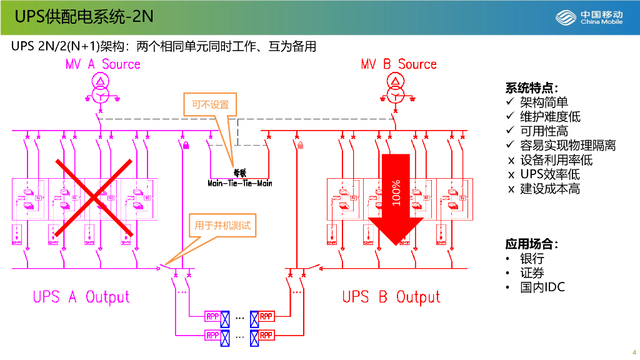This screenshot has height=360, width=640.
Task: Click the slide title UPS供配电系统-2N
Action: pyautogui.click(x=84, y=17)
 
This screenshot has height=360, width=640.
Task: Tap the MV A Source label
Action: pyautogui.click(x=103, y=64)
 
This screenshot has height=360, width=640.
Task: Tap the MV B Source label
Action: pyautogui.click(x=399, y=64)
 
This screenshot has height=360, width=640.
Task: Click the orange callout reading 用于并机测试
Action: pyautogui.click(x=222, y=226)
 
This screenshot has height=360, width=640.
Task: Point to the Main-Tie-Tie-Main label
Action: pyautogui.click(x=240, y=183)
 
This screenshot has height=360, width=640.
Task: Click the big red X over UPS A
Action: pyautogui.click(x=94, y=198)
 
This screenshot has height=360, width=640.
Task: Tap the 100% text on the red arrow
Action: pyautogui.click(x=396, y=192)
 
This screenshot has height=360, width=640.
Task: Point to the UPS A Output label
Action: pyautogui.click(x=81, y=297)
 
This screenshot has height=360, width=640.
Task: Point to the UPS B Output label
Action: pyautogui.click(x=391, y=297)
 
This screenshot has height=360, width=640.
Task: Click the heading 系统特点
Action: pyautogui.click(x=531, y=87)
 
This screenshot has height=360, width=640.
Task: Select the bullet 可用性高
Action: pyautogui.click(x=544, y=131)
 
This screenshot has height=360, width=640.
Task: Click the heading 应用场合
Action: pyautogui.click(x=531, y=244)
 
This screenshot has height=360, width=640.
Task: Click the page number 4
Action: pyautogui.click(x=634, y=351)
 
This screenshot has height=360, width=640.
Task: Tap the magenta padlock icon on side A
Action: pyautogui.click(x=186, y=146)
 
